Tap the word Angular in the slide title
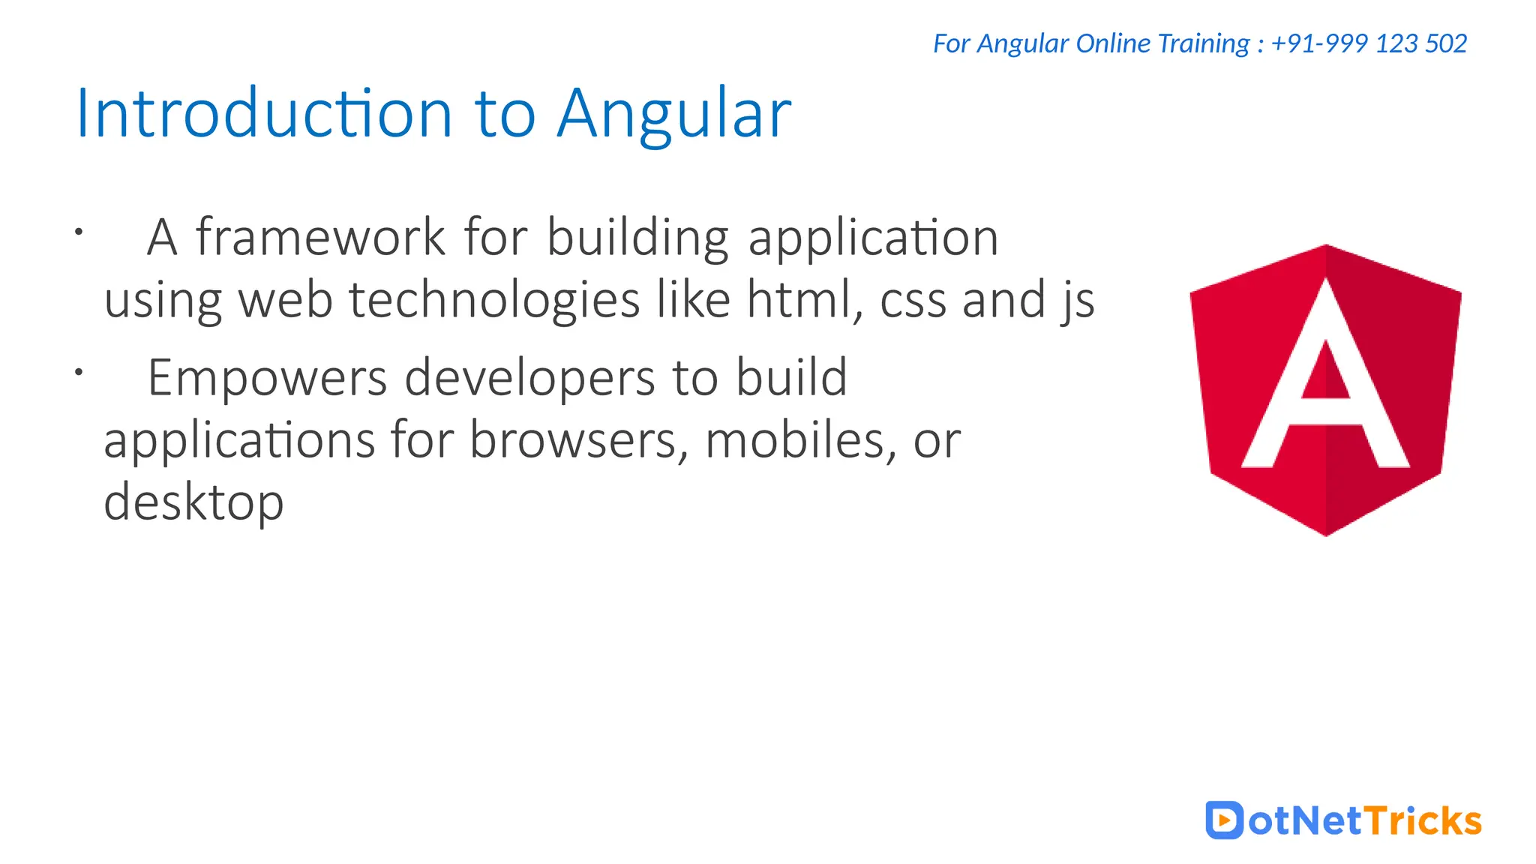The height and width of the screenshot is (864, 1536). pyautogui.click(x=673, y=114)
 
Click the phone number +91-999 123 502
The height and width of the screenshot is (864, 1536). pyautogui.click(x=1369, y=43)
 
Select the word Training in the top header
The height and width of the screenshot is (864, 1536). pyautogui.click(x=1203, y=43)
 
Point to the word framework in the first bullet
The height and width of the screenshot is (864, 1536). pyautogui.click(x=320, y=238)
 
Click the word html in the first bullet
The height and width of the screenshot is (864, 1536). pyautogui.click(x=799, y=299)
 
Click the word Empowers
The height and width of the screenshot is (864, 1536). pyautogui.click(x=267, y=378)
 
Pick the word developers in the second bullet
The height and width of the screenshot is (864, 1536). pyautogui.click(x=529, y=378)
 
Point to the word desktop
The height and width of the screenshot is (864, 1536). pyautogui.click(x=193, y=502)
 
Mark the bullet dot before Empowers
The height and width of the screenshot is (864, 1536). pyautogui.click(x=78, y=371)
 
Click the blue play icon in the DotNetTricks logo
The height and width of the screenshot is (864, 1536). pyautogui.click(x=1224, y=820)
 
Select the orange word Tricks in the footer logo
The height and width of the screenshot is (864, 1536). pyautogui.click(x=1422, y=820)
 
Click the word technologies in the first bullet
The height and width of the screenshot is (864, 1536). pyautogui.click(x=495, y=299)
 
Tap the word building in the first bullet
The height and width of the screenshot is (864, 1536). pyautogui.click(x=637, y=238)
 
